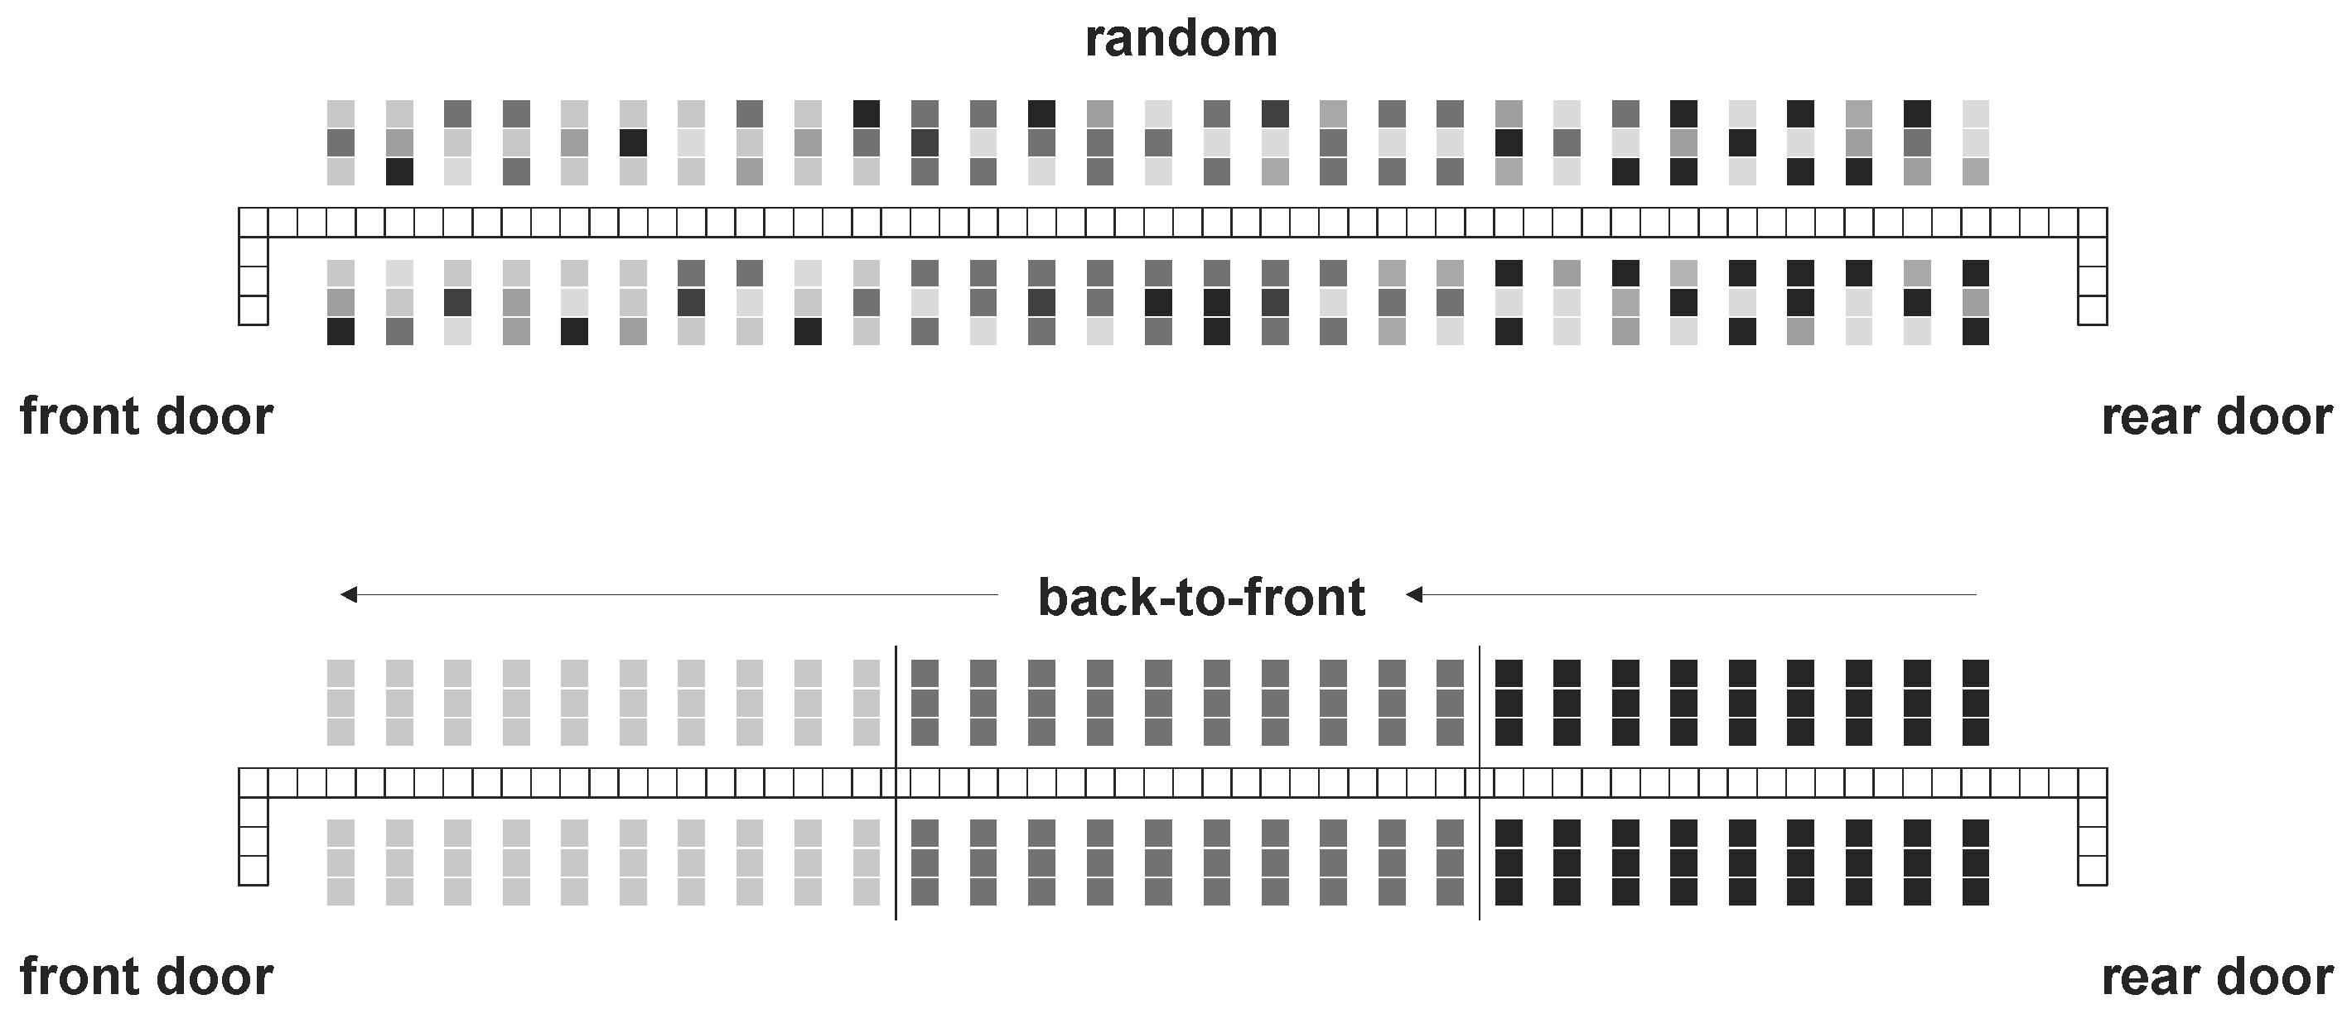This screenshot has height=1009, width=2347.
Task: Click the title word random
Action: pos(1181,39)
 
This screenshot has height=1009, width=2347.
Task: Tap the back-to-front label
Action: pos(1200,598)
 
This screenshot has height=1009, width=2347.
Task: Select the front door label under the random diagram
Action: pos(146,417)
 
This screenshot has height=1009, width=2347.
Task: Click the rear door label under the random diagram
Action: pos(2216,417)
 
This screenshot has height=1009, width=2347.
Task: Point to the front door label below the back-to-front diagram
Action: pos(146,977)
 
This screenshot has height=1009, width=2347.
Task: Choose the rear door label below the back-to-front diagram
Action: pos(2216,977)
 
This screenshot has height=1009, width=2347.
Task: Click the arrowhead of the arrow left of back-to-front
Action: pos(349,594)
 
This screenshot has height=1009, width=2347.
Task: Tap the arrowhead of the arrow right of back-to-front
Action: pos(1414,594)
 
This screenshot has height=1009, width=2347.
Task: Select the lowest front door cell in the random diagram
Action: pos(254,310)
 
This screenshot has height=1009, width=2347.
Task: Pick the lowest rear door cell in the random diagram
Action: pos(2092,310)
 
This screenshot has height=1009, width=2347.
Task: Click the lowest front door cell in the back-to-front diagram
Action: pos(254,871)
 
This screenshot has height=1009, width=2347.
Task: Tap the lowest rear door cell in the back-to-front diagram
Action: pos(2092,871)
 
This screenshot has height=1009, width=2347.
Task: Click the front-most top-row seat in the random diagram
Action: pos(340,114)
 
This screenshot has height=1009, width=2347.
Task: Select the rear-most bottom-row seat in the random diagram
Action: pos(1975,331)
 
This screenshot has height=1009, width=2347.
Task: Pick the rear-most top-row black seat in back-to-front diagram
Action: pos(1975,674)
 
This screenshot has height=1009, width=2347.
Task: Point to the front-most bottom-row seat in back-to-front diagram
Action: pos(340,891)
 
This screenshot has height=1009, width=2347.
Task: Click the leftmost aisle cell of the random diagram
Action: pos(254,222)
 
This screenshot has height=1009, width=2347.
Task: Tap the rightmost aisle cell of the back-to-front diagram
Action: pos(2092,782)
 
